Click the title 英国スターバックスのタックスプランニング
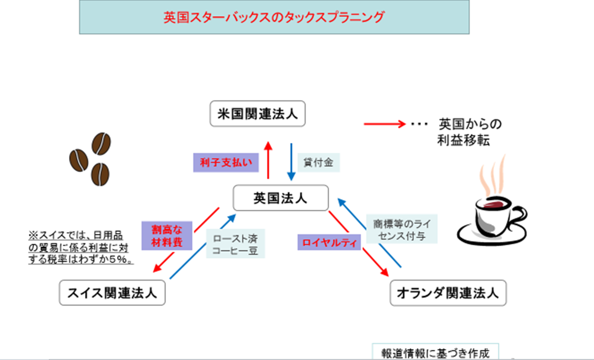coord(274,17)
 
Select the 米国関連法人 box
coord(258,114)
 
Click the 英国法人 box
coord(280,198)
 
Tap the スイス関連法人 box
coord(112,293)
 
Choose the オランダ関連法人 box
coord(448,293)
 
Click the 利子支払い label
coord(226,163)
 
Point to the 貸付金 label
coord(318,163)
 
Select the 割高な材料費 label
coord(167,235)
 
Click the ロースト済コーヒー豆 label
coord(235,243)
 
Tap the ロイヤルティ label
coord(329,242)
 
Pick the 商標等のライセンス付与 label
coord(402,228)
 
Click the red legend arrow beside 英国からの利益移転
coord(385,124)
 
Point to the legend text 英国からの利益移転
coord(470,132)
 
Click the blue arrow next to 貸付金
coord(291,162)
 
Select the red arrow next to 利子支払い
coord(268,160)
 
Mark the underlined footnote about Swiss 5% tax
coord(81,248)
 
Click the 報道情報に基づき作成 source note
coord(435,353)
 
